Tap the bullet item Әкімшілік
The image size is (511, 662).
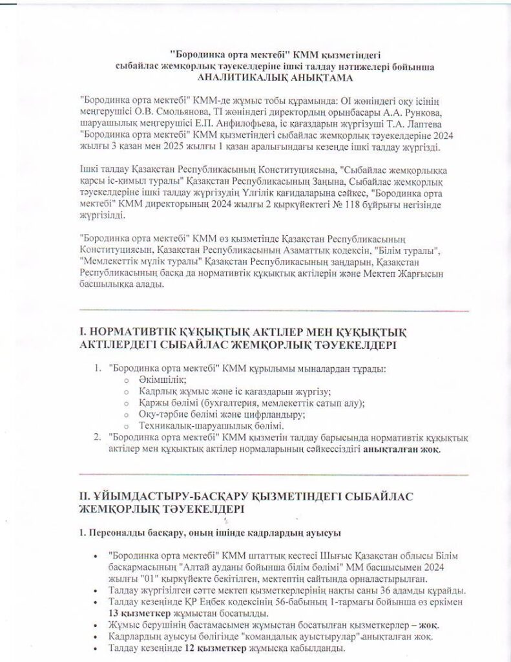[162, 381]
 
